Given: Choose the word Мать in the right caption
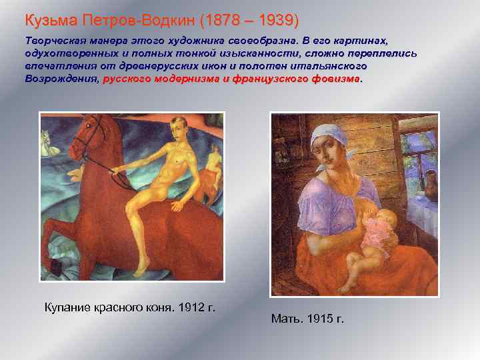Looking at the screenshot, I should (285, 319).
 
